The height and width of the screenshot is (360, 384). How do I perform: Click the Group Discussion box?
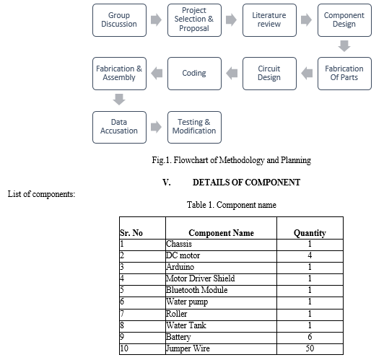119,20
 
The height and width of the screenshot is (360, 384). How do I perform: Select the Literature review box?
269,20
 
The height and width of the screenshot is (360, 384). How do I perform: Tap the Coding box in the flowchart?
194,74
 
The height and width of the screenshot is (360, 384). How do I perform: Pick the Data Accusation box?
119,127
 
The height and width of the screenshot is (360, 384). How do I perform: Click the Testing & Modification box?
194,127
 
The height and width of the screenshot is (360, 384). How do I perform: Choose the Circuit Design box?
269,74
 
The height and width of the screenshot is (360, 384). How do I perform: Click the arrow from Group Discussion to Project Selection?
156,19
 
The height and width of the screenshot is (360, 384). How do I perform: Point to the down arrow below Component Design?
344,46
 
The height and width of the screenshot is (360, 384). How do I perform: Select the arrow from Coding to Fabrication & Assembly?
157,73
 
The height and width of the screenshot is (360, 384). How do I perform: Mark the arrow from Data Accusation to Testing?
156,127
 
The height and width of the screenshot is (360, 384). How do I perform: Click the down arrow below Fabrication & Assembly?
119,100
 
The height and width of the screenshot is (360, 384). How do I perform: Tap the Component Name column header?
221,233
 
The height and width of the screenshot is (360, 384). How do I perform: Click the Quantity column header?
310,233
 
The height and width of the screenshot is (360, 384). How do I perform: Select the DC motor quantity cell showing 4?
310,255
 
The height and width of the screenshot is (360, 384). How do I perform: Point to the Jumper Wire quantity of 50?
310,348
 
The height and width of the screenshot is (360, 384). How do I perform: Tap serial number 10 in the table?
124,348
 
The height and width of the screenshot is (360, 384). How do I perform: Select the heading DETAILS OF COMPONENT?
246,183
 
